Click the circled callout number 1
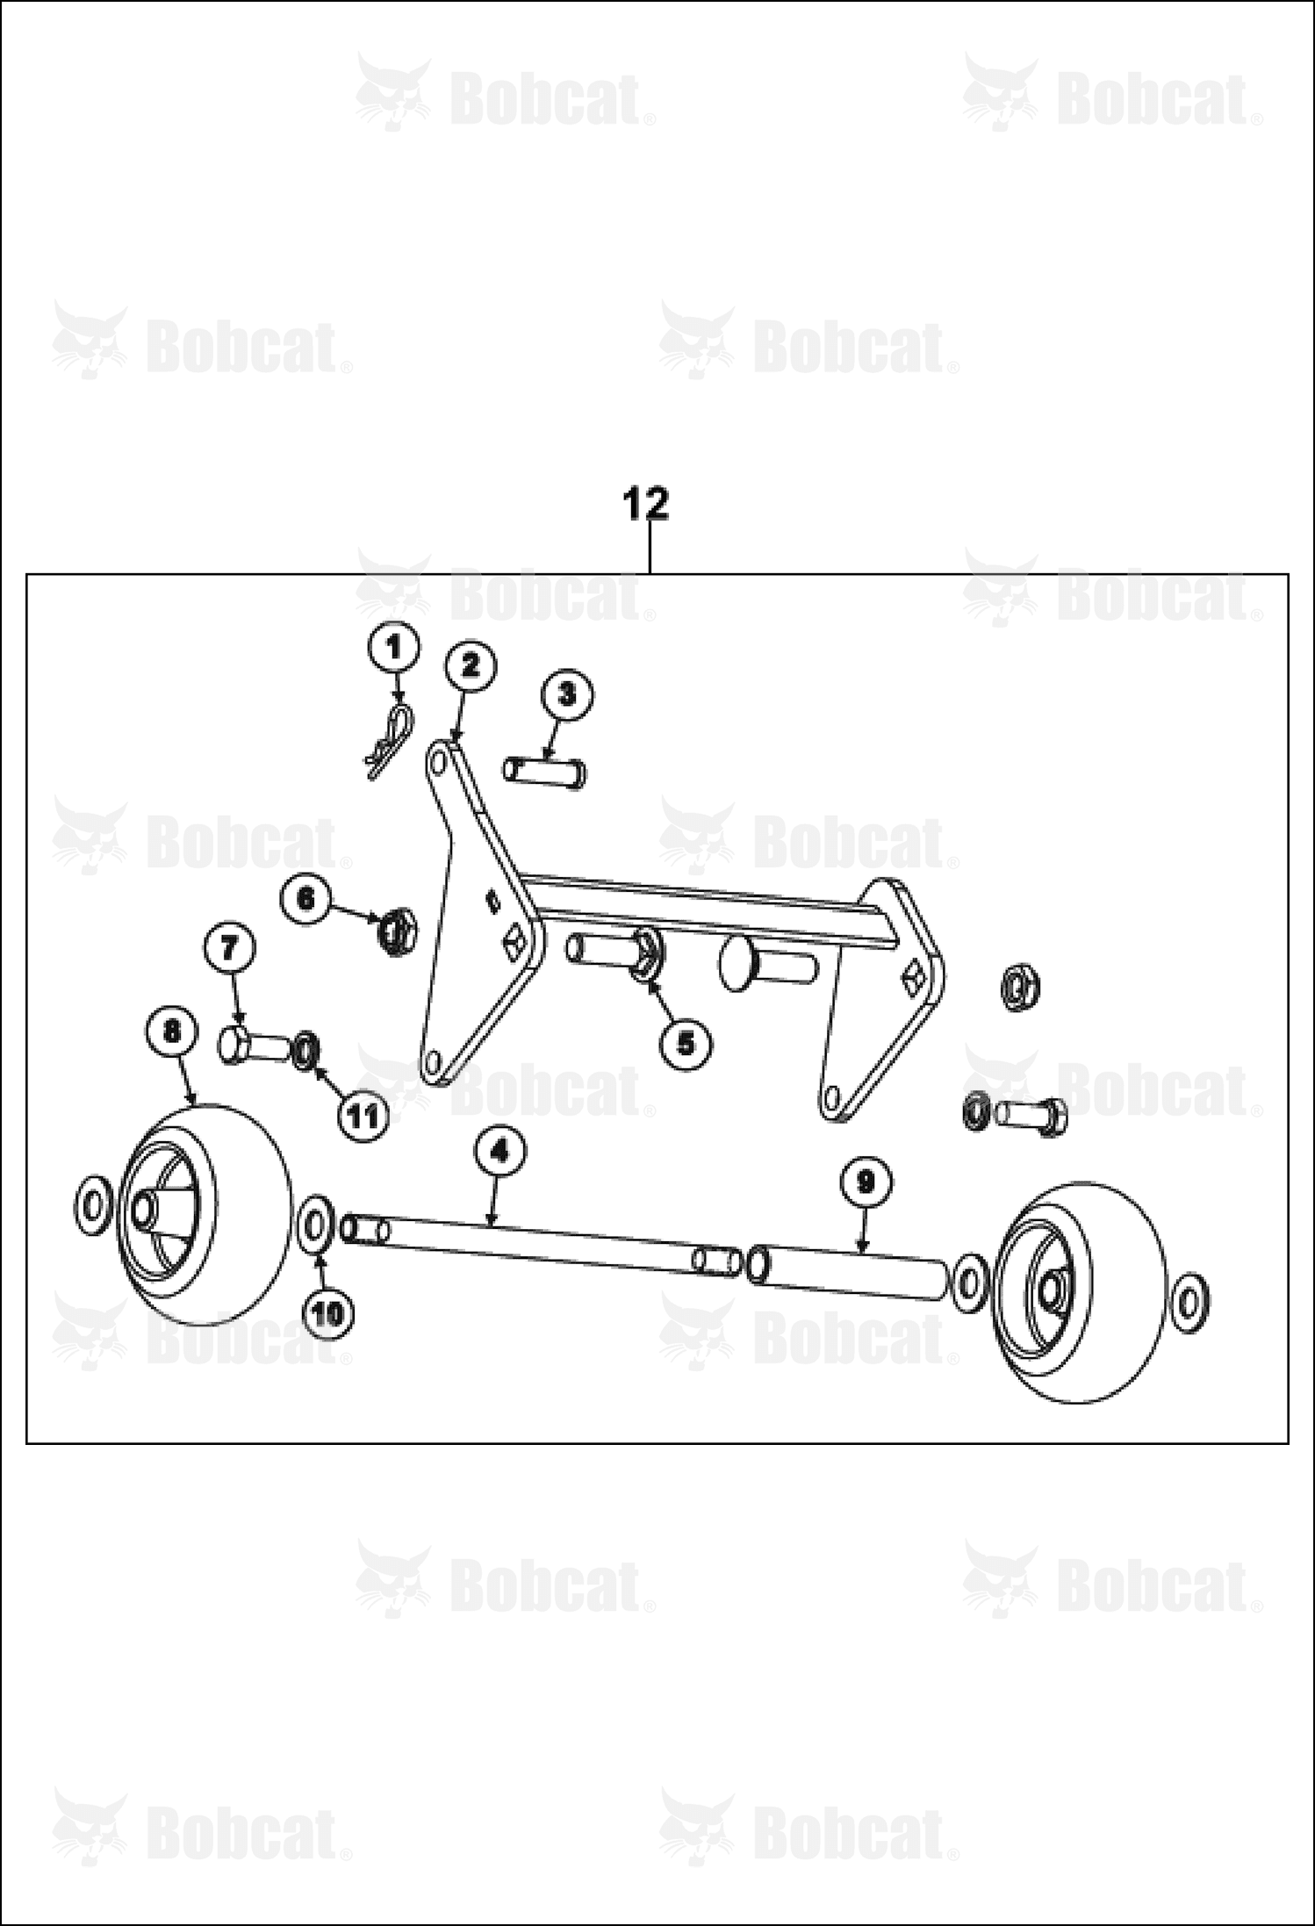[392, 650]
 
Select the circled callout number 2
[471, 666]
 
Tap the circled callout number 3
[566, 695]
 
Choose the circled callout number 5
[686, 1043]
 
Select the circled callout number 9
[866, 1184]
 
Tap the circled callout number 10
[329, 1313]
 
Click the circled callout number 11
[363, 1117]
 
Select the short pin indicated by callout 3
[545, 773]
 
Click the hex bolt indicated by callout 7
[254, 1046]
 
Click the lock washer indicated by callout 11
[306, 1049]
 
